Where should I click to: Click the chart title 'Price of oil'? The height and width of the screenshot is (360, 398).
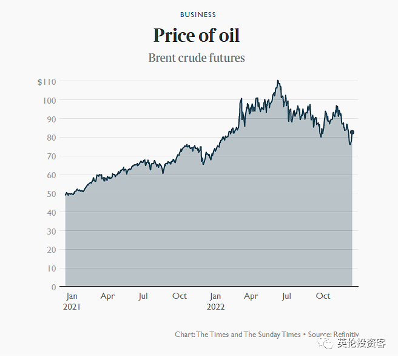pyautogui.click(x=197, y=35)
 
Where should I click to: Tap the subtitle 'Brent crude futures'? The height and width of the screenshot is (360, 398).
pyautogui.click(x=197, y=58)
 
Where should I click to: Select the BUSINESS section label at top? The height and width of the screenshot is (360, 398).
pyautogui.click(x=198, y=15)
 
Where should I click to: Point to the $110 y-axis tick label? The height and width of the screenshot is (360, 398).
pyautogui.click(x=47, y=82)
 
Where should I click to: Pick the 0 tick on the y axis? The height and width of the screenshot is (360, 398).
pyautogui.click(x=53, y=287)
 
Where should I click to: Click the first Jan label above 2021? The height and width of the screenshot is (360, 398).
pyautogui.click(x=72, y=296)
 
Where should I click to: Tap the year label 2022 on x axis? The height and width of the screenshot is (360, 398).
pyautogui.click(x=215, y=307)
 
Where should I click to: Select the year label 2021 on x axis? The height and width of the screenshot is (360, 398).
pyautogui.click(x=72, y=307)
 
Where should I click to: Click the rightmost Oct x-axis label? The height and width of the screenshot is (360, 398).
pyautogui.click(x=323, y=296)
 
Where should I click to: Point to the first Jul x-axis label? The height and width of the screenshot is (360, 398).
pyautogui.click(x=143, y=296)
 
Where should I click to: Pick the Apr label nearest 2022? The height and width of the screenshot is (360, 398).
pyautogui.click(x=251, y=296)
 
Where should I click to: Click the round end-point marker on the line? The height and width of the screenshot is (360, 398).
pyautogui.click(x=352, y=132)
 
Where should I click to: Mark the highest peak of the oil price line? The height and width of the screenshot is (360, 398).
pyautogui.click(x=277, y=81)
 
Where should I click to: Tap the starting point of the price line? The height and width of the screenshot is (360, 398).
pyautogui.click(x=66, y=195)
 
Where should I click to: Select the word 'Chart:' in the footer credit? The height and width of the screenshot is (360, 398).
pyautogui.click(x=184, y=335)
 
